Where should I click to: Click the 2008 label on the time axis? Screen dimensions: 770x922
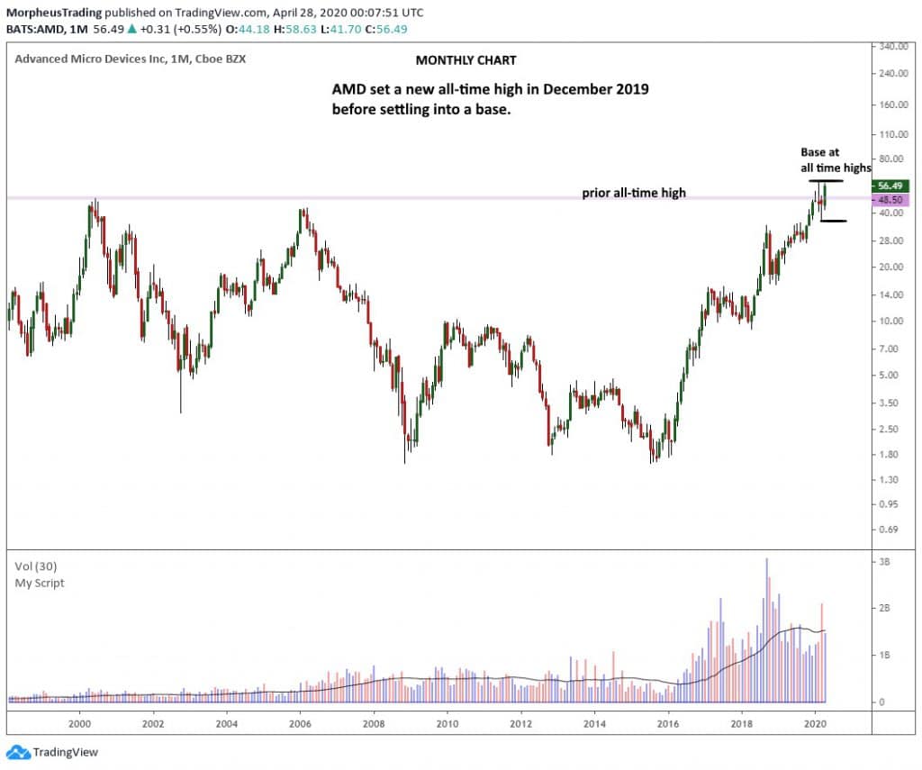(x=374, y=723)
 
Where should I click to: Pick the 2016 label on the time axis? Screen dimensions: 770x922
(x=667, y=723)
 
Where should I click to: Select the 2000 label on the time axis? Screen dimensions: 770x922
(x=80, y=723)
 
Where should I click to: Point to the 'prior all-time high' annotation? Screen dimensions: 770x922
(x=634, y=193)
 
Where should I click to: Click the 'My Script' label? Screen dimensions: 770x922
(x=40, y=583)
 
